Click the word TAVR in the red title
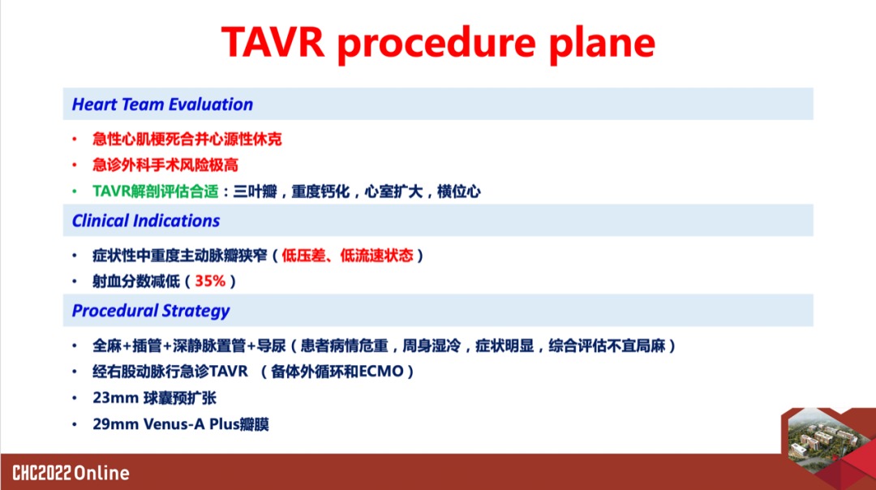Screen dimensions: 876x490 (x=273, y=42)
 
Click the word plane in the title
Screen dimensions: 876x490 (x=602, y=45)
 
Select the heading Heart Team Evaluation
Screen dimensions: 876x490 (x=162, y=105)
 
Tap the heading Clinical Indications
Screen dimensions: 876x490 (x=146, y=221)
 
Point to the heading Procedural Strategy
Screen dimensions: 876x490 (x=151, y=311)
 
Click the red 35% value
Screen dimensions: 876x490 (x=210, y=281)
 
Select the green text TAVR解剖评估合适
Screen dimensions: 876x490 (x=155, y=191)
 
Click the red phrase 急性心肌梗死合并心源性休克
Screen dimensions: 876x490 (x=187, y=139)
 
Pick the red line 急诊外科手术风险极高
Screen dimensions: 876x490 (x=165, y=165)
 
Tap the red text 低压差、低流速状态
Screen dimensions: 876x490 (x=347, y=256)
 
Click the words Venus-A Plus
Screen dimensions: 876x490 (x=191, y=424)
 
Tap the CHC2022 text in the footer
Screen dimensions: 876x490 (x=42, y=473)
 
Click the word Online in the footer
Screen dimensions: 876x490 (x=101, y=473)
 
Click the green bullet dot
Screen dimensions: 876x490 (x=75, y=191)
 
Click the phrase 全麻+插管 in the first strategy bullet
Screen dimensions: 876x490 (x=128, y=346)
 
